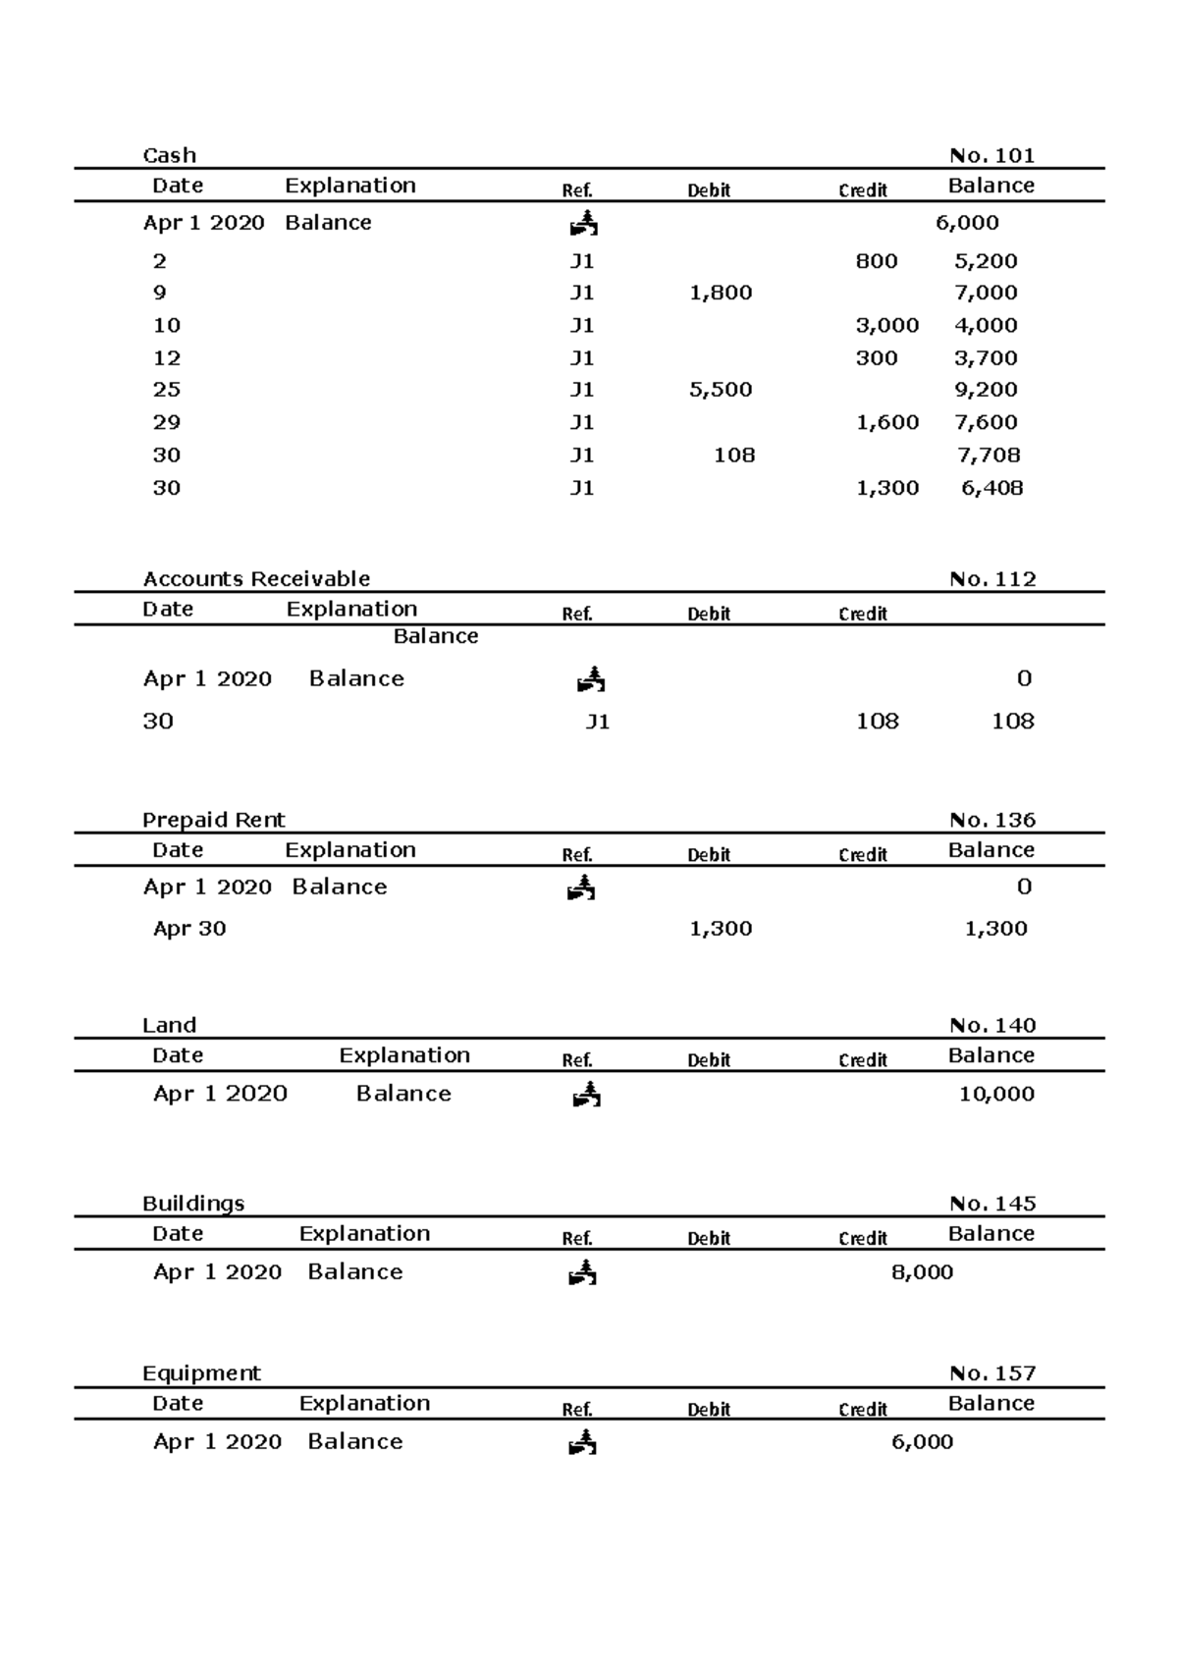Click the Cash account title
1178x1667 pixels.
(x=169, y=155)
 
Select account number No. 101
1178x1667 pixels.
(x=991, y=155)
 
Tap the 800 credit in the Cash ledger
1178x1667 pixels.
(x=876, y=261)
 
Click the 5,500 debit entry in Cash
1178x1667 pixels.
(x=721, y=390)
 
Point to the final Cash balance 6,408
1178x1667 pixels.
(x=991, y=488)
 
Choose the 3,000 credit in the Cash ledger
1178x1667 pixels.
(x=887, y=325)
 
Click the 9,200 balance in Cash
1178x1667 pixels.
(x=986, y=390)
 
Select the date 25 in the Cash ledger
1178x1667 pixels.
(x=166, y=390)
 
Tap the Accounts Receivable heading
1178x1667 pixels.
(x=256, y=579)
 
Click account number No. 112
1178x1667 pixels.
(x=992, y=579)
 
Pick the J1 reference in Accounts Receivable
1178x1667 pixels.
(x=597, y=723)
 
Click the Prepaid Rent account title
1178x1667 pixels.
(x=213, y=820)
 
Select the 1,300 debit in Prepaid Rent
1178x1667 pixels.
(x=721, y=929)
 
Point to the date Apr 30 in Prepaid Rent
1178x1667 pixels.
(x=189, y=929)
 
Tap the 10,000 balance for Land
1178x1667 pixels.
(x=996, y=1094)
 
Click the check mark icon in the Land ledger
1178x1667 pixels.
(x=586, y=1094)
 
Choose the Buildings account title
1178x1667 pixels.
(x=193, y=1204)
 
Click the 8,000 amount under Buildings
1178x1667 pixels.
(x=922, y=1272)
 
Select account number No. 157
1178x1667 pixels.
(x=992, y=1373)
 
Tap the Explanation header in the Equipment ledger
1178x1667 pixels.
(x=364, y=1403)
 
